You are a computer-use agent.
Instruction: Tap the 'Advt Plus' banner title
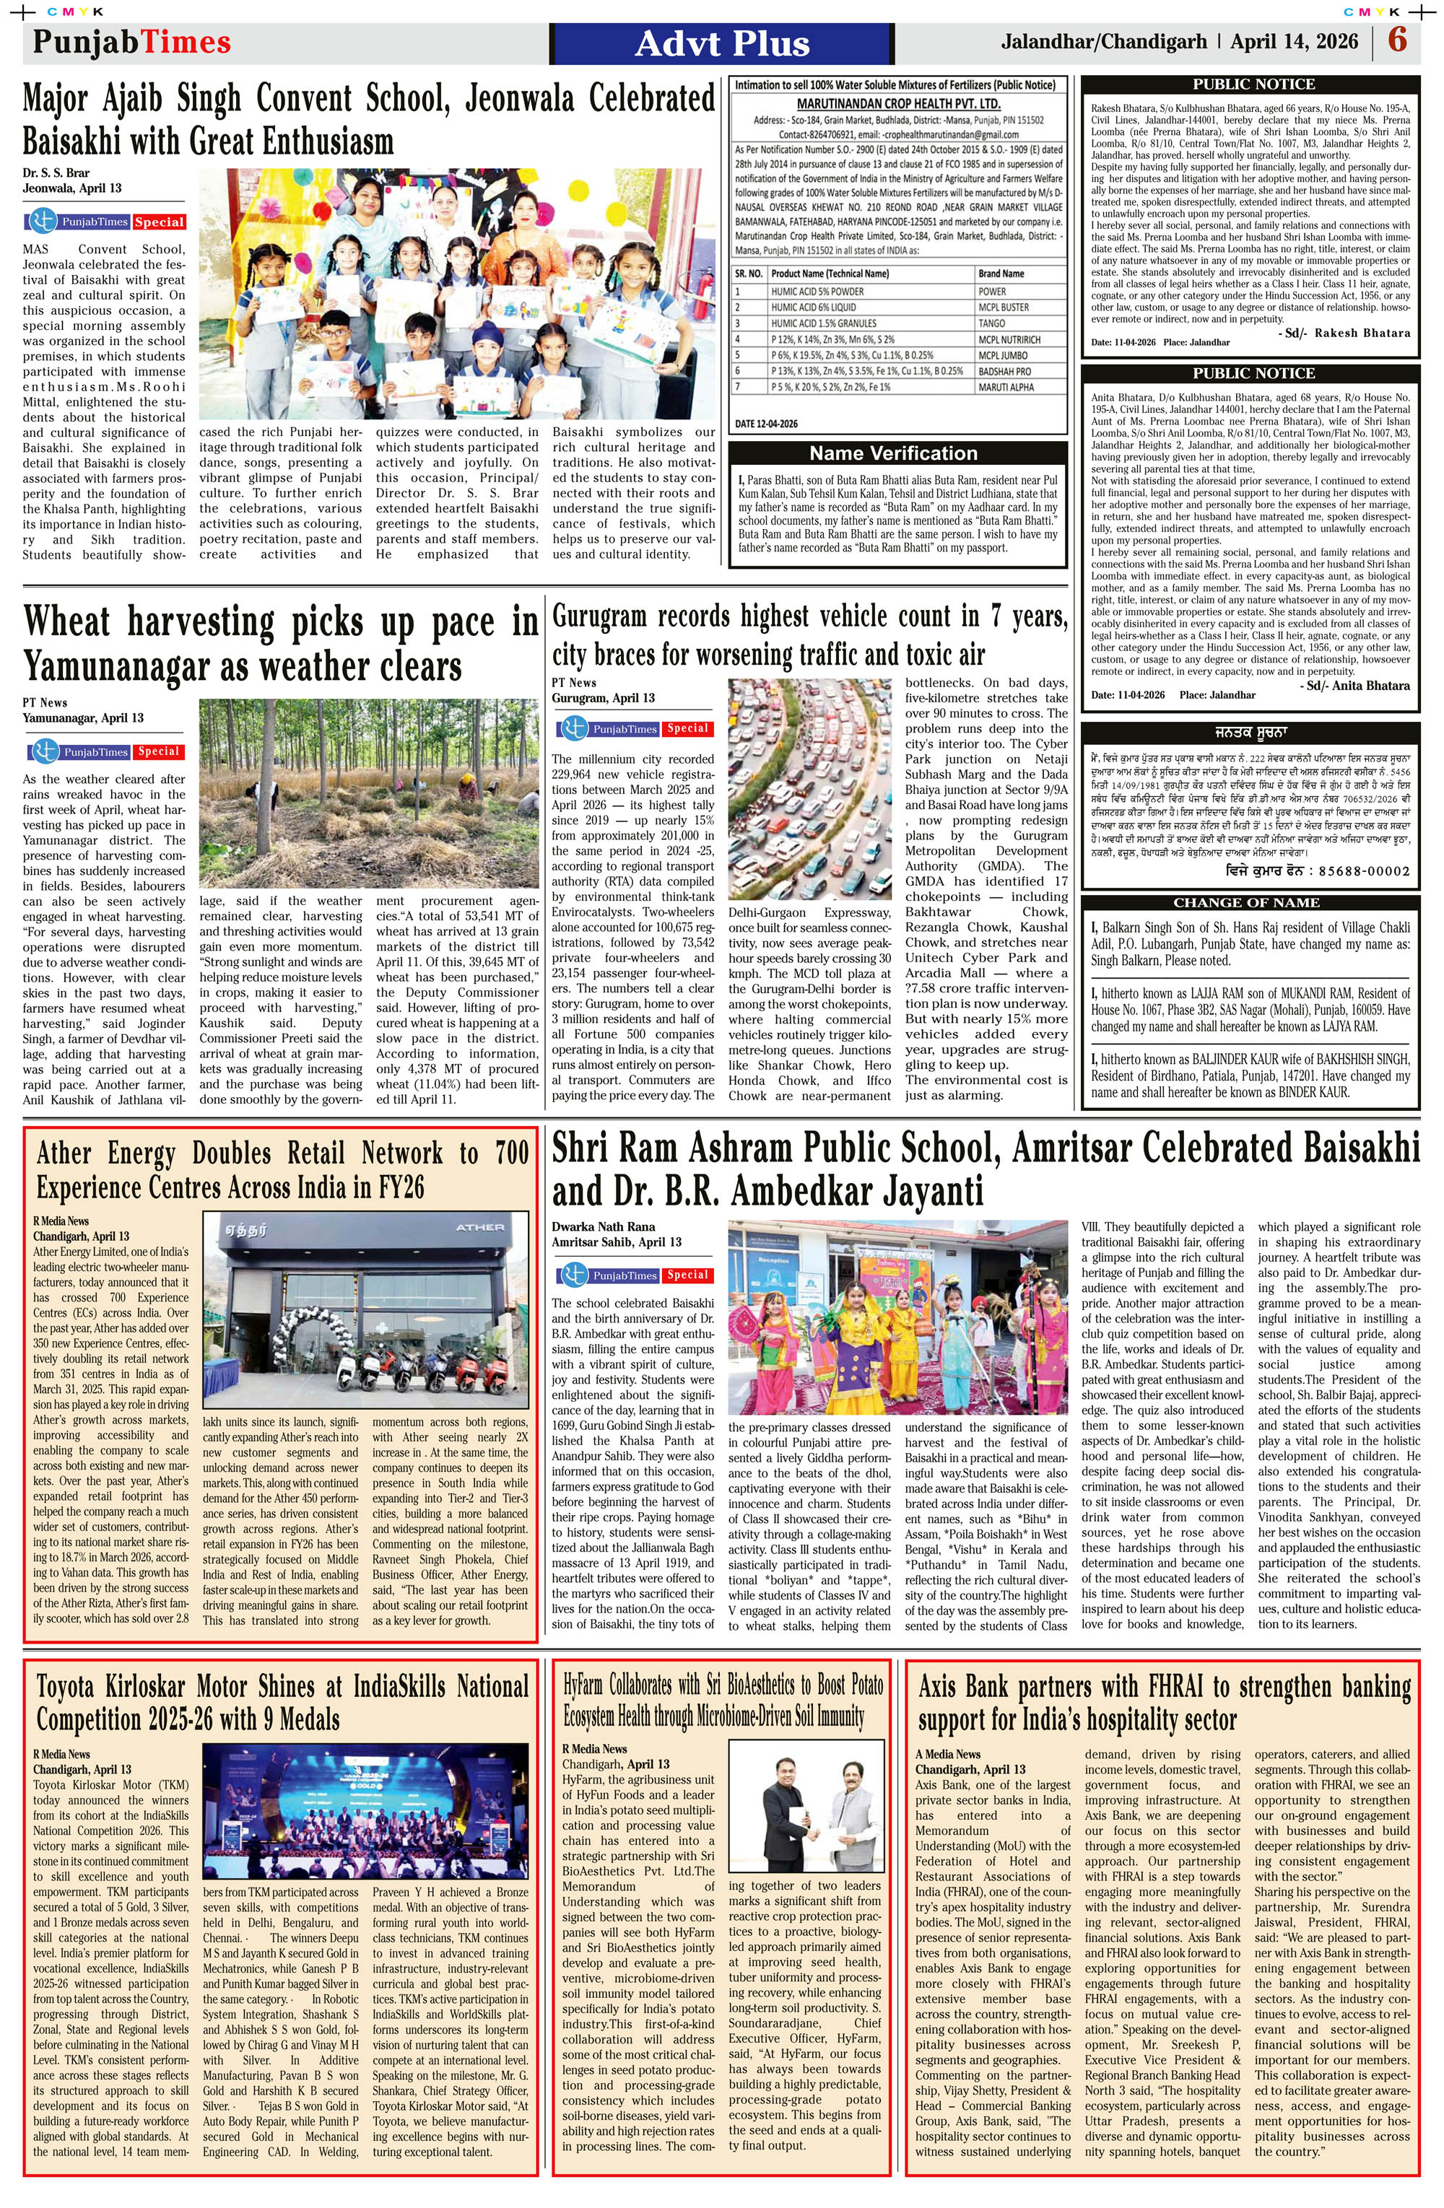pyautogui.click(x=722, y=43)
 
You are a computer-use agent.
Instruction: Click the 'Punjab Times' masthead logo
pyautogui.click(x=132, y=43)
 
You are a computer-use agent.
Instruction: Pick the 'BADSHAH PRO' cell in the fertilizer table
pyautogui.click(x=1004, y=371)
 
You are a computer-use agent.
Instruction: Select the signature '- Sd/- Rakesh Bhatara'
pyautogui.click(x=1344, y=333)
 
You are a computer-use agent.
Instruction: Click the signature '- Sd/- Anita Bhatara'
pyautogui.click(x=1356, y=686)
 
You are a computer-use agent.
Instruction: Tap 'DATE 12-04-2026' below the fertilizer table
pyautogui.click(x=767, y=424)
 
